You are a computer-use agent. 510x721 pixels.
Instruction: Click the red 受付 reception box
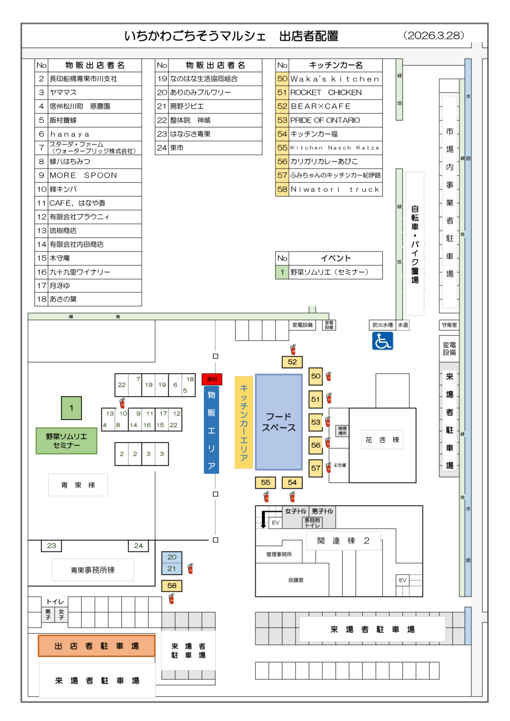(212, 379)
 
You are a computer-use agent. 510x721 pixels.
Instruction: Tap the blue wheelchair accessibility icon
(382, 341)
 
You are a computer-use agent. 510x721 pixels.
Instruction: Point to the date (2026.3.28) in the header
(433, 36)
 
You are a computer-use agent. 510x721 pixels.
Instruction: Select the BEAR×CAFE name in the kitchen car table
(321, 107)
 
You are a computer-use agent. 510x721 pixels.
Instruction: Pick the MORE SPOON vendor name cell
(84, 176)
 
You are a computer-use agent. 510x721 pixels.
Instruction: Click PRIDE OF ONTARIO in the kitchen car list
(325, 120)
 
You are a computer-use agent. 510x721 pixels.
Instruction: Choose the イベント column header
(335, 258)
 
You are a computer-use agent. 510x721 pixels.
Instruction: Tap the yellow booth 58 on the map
(172, 586)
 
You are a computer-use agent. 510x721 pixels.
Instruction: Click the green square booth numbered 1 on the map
(71, 408)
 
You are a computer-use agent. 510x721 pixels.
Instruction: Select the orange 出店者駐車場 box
(96, 646)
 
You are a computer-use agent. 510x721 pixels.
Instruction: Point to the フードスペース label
(278, 422)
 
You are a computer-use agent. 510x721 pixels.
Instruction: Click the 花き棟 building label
(382, 440)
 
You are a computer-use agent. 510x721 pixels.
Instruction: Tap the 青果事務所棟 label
(93, 570)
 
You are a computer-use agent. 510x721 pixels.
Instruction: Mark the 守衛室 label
(449, 325)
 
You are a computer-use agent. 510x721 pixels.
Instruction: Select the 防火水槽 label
(382, 325)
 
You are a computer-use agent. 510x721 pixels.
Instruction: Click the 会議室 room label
(296, 580)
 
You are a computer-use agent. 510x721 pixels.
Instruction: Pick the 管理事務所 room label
(279, 554)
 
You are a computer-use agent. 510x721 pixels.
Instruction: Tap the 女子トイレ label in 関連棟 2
(295, 511)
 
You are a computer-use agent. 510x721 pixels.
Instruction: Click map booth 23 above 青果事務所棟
(51, 545)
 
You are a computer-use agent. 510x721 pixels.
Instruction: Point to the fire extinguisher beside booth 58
(172, 598)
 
